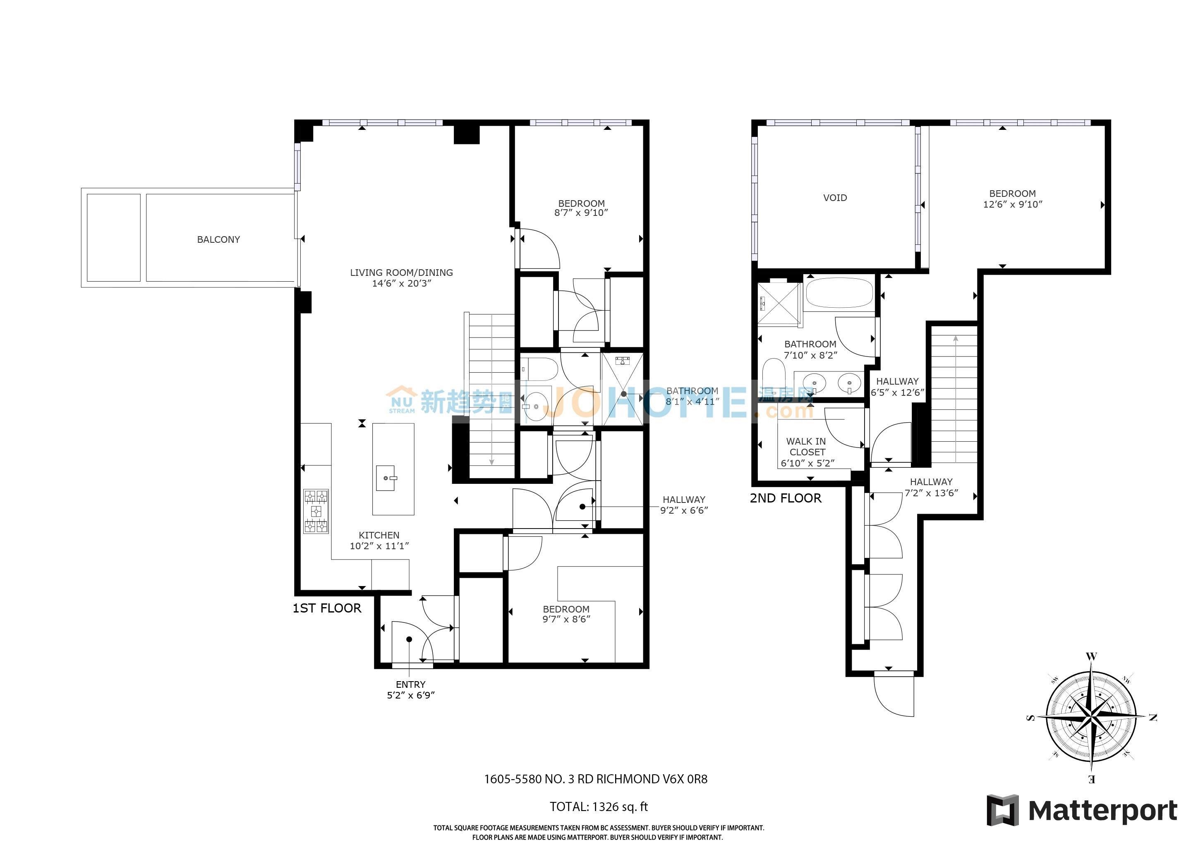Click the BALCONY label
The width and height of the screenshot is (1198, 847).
point(218,239)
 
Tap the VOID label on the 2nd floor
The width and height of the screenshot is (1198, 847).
point(835,198)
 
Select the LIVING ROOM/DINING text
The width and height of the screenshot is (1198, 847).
point(401,272)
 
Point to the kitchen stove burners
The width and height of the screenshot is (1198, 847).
point(316,511)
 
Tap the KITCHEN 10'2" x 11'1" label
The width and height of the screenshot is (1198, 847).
point(379,540)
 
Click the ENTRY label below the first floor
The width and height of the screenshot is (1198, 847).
point(411,684)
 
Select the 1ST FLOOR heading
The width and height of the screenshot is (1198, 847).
point(327,608)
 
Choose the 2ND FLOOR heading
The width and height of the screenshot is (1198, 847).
point(785,498)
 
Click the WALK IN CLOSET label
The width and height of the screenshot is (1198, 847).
point(807,446)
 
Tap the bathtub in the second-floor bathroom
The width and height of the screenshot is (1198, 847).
point(839,294)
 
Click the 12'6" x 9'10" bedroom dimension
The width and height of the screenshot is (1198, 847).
point(1012,204)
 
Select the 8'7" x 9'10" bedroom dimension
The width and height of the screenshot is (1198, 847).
point(581,213)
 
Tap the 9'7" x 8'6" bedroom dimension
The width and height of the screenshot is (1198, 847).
point(566,619)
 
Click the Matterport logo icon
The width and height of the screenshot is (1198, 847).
point(1002,810)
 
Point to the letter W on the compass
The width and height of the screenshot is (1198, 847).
point(1091,656)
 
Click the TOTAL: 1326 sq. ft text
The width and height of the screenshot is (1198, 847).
point(599,807)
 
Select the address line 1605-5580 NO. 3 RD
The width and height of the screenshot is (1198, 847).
point(595,779)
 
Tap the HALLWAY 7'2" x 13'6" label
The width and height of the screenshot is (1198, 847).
point(931,488)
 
